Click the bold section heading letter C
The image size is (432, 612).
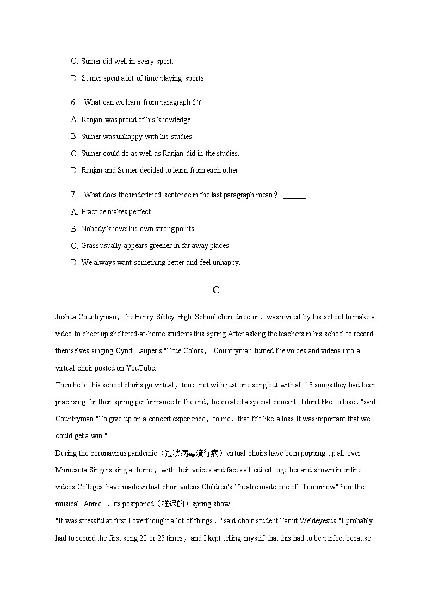tap(216, 290)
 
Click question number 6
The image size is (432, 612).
tap(73, 102)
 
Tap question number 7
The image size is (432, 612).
tap(73, 195)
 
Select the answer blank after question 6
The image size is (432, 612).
tap(218, 104)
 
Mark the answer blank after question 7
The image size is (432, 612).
tap(295, 196)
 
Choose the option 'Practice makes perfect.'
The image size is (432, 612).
tap(116, 212)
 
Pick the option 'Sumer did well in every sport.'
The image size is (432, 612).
tap(127, 62)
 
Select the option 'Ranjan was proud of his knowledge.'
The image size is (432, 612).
tap(136, 120)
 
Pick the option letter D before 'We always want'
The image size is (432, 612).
tap(75, 263)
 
